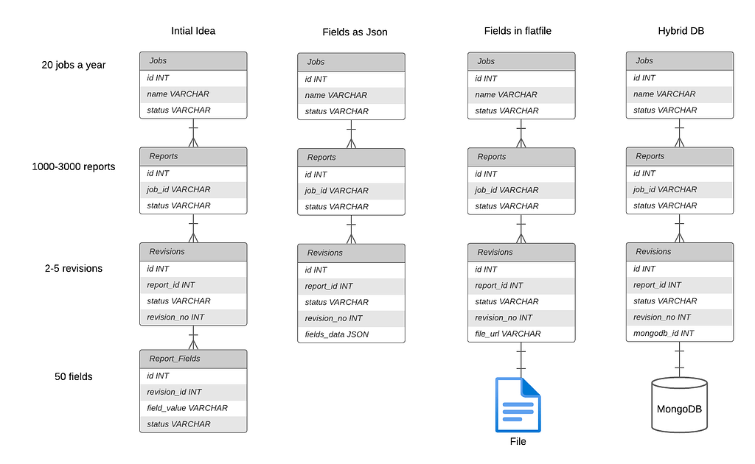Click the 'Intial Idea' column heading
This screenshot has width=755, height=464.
(x=192, y=31)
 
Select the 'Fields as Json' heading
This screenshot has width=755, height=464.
(x=355, y=32)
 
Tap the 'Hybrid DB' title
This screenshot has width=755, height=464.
(x=680, y=31)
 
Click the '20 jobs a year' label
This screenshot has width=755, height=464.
(x=74, y=65)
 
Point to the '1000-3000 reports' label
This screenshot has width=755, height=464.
(x=74, y=166)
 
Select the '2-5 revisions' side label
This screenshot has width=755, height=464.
(x=74, y=268)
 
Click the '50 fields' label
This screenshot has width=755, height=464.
(x=74, y=376)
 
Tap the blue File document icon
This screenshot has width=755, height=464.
(x=518, y=404)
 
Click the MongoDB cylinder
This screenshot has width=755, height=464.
(x=679, y=405)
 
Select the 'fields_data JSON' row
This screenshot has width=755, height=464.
(x=351, y=334)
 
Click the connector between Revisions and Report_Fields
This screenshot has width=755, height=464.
(x=193, y=337)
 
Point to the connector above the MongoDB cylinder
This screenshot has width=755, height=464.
(x=679, y=359)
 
